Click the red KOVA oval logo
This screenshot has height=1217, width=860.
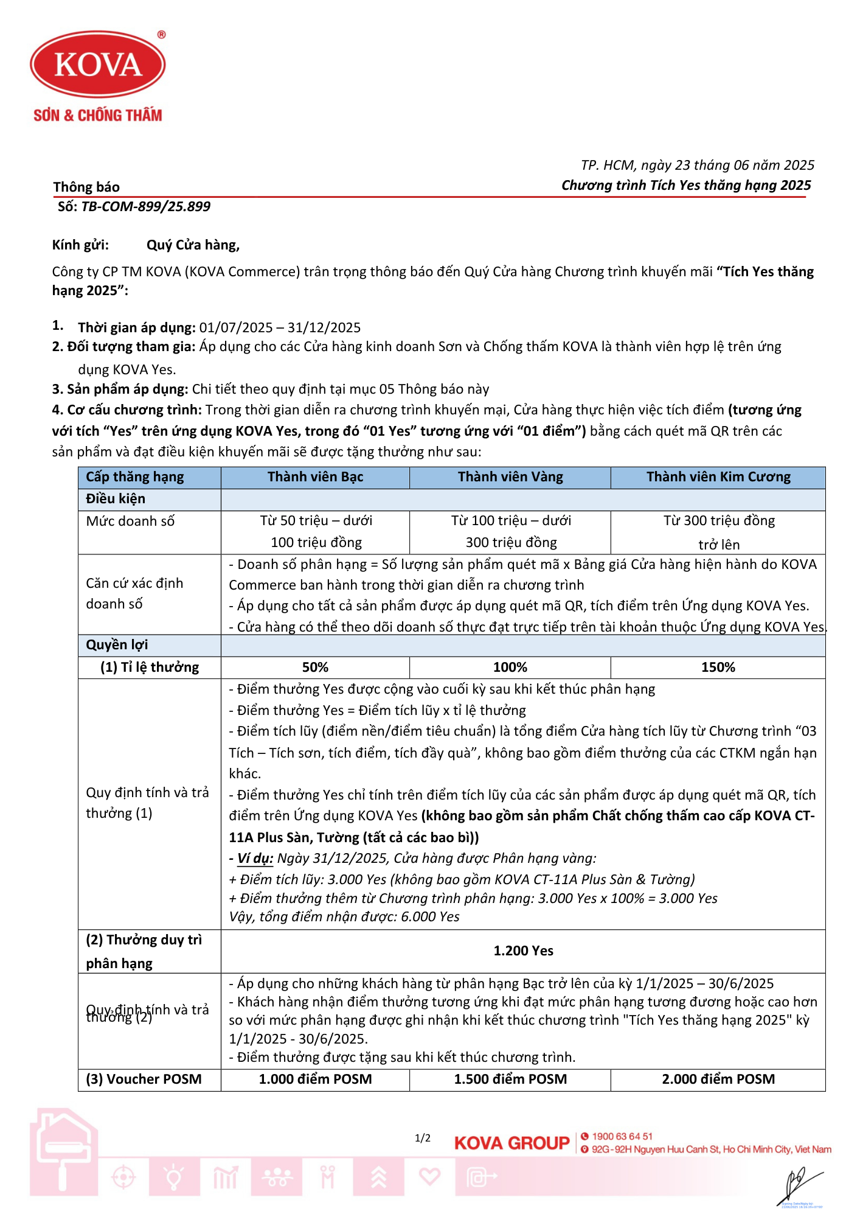(x=98, y=65)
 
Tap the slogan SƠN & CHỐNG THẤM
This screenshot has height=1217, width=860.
(x=98, y=115)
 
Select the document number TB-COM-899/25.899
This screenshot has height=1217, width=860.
(x=146, y=207)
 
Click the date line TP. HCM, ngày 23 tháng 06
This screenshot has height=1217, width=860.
(x=697, y=166)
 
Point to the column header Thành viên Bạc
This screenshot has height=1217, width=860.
(x=315, y=477)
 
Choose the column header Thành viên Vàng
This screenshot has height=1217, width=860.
(x=510, y=477)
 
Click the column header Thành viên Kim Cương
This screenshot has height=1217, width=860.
(x=718, y=477)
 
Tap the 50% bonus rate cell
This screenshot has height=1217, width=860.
(x=315, y=668)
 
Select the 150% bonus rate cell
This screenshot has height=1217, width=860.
(x=718, y=668)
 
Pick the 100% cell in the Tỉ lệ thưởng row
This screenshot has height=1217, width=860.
(x=510, y=668)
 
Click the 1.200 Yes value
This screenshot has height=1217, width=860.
(x=523, y=951)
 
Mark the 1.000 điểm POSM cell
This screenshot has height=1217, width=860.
(x=315, y=1079)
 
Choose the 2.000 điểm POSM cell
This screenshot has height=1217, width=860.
(x=718, y=1079)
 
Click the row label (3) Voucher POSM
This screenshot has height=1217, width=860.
(x=144, y=1079)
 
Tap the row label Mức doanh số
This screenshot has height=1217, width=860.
(x=130, y=521)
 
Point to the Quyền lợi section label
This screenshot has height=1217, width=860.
(x=117, y=645)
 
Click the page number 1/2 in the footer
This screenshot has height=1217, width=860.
(x=423, y=1138)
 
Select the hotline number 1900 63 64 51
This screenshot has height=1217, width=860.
(x=622, y=1136)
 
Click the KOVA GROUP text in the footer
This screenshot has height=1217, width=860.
(x=511, y=1143)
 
